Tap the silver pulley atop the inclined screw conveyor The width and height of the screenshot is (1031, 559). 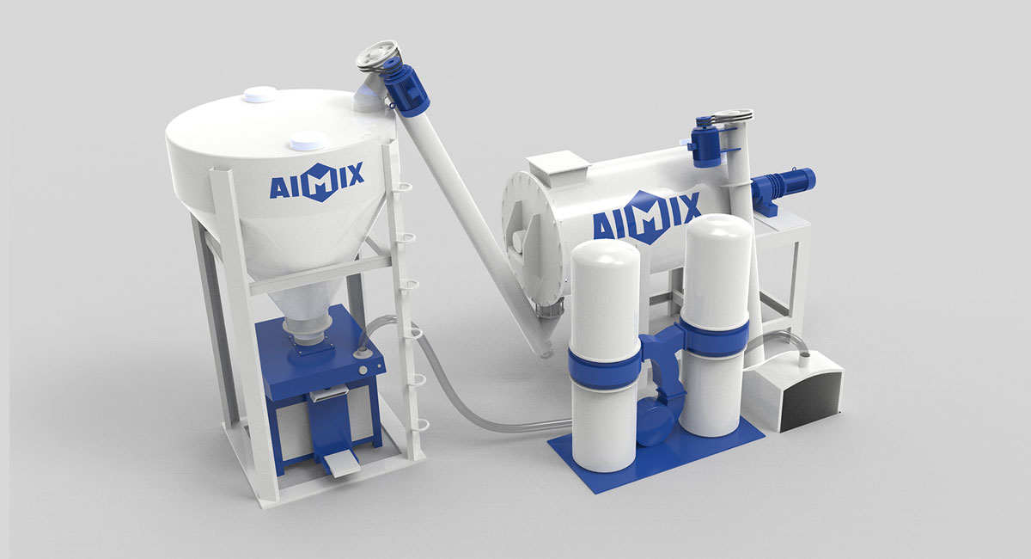(x=378, y=56)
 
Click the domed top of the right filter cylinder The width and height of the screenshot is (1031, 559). (x=716, y=225)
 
